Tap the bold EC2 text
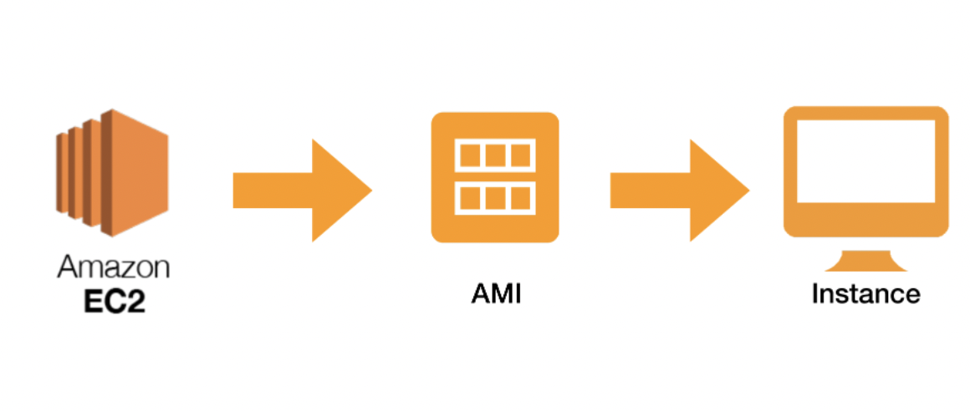pos(113,300)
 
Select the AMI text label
pos(495,295)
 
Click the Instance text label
pos(865,294)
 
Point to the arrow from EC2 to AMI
pos(301,191)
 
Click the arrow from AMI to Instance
pos(678,191)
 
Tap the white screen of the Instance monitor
pos(865,161)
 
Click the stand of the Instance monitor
pos(865,259)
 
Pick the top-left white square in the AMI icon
pos(469,155)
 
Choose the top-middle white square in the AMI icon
pos(495,155)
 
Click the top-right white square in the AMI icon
pos(521,155)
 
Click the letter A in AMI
pos(479,295)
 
